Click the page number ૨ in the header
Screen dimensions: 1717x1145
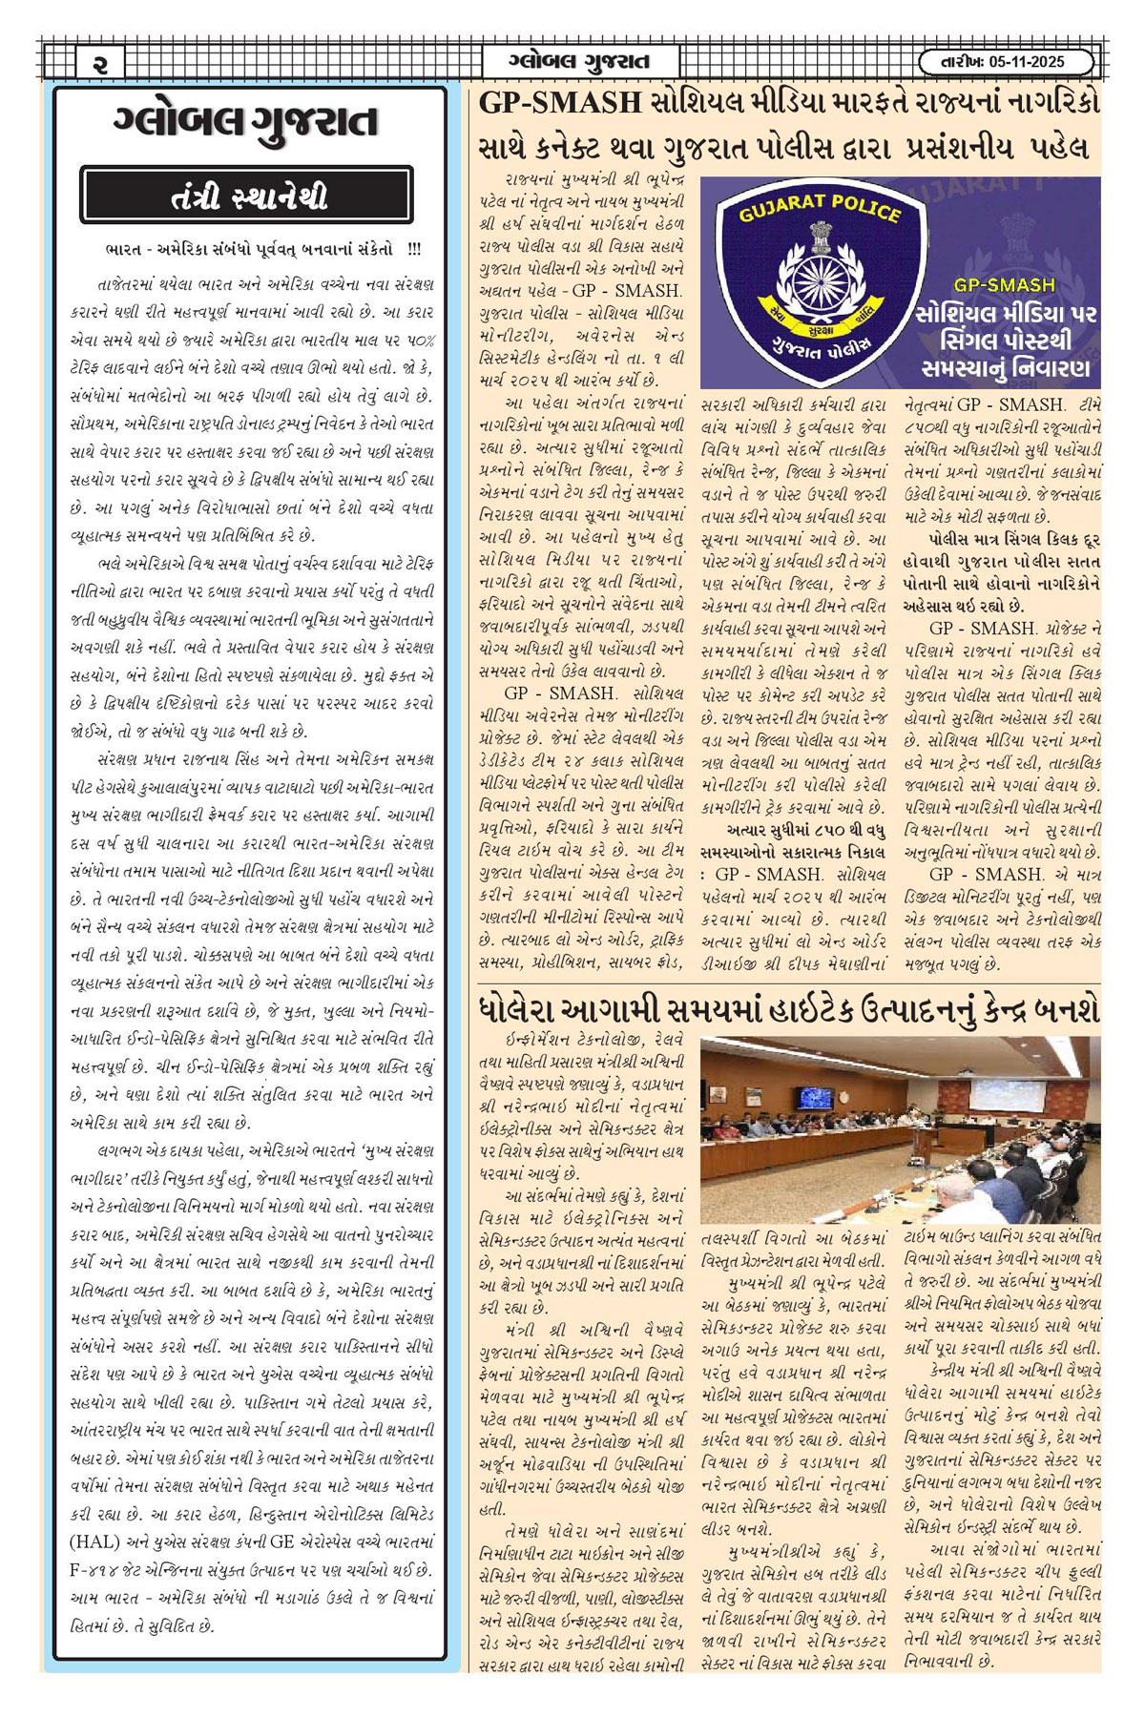[x=102, y=63]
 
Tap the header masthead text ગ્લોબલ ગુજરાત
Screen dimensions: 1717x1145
[x=579, y=62]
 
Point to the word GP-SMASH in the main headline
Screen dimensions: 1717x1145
[x=559, y=103]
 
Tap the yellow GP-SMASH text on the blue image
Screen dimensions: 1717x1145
[x=1004, y=284]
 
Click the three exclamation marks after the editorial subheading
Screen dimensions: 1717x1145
[x=413, y=250]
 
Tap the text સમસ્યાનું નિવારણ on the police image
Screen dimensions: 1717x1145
[x=1006, y=367]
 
